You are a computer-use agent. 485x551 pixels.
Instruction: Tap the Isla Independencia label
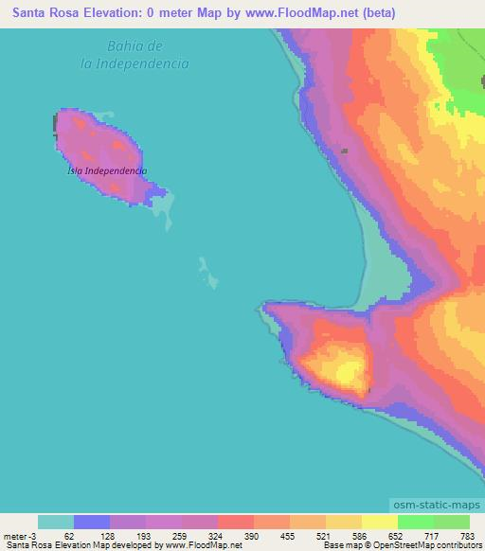tap(107, 170)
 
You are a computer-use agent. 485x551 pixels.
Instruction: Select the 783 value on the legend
tap(467, 535)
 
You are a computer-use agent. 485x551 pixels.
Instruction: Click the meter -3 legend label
tap(19, 535)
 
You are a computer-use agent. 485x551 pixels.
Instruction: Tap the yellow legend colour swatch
tap(379, 522)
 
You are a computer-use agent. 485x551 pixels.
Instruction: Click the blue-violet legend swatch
tap(92, 522)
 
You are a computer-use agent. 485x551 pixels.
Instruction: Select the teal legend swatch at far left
tap(56, 522)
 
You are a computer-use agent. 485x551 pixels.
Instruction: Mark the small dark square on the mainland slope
tap(345, 151)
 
